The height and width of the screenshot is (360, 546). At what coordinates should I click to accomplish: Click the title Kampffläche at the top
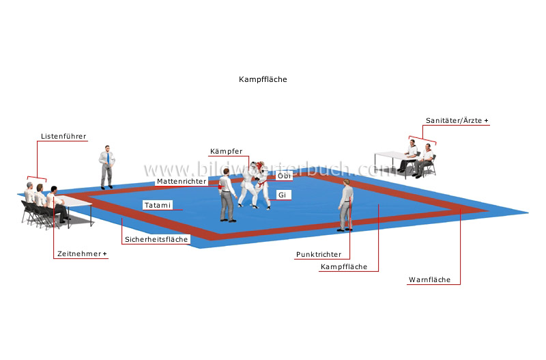263,79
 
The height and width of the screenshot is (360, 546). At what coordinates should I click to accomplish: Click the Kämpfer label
225,151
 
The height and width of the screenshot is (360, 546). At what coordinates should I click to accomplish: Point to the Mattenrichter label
181,182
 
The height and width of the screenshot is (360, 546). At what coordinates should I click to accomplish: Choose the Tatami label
158,205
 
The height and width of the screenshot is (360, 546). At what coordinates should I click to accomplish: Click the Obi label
283,176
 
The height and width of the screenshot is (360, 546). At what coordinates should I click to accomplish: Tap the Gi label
281,195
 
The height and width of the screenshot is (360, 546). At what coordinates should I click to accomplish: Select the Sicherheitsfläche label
156,240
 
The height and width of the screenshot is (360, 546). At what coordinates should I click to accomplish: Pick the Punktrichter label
319,255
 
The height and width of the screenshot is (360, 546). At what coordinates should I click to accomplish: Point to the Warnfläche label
429,280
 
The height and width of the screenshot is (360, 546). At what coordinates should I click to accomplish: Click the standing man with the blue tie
107,167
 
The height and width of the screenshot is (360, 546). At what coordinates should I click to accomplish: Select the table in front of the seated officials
74,201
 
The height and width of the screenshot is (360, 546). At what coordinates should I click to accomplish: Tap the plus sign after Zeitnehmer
104,254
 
